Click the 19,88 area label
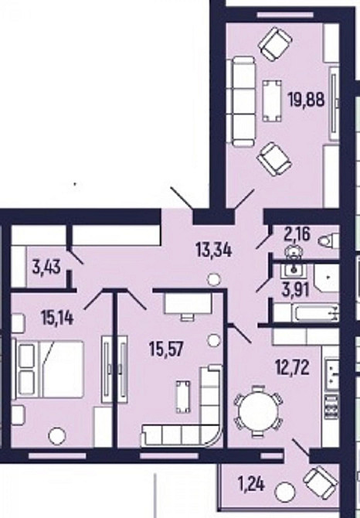coord(306,99)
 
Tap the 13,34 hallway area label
coord(214,250)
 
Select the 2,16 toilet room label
coord(297,235)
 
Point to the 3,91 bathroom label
coord(296,291)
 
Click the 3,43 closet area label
coord(46,267)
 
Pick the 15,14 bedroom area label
coord(57,318)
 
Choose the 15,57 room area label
coord(166,349)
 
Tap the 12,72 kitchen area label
coord(292,368)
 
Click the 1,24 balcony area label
coord(251,485)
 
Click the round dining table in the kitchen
coord(259,411)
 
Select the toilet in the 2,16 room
coord(328,240)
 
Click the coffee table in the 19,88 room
coord(272,101)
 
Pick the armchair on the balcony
coord(321,482)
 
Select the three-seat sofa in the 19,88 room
coord(241,101)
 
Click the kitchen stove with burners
coord(331,407)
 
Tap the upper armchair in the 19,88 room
coord(275,44)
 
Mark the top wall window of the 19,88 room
coord(285,15)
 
